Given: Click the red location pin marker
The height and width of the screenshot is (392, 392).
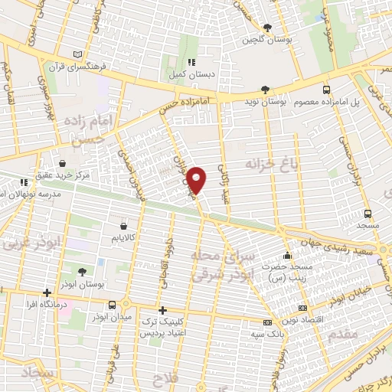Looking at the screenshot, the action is point(198,179).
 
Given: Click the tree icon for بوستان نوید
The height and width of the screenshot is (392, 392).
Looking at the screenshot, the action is point(266,90).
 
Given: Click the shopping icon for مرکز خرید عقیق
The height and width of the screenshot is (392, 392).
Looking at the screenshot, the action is point(62,163).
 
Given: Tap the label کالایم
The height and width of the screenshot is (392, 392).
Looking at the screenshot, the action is point(124,239).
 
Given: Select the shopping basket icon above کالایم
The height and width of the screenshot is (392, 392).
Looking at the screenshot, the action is point(124,226).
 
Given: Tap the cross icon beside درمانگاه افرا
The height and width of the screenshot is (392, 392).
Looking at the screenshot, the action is point(47,292).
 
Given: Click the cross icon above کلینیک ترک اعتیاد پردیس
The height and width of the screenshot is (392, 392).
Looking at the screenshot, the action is point(162,310).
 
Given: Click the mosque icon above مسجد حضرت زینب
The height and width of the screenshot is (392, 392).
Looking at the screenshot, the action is point(287,255).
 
